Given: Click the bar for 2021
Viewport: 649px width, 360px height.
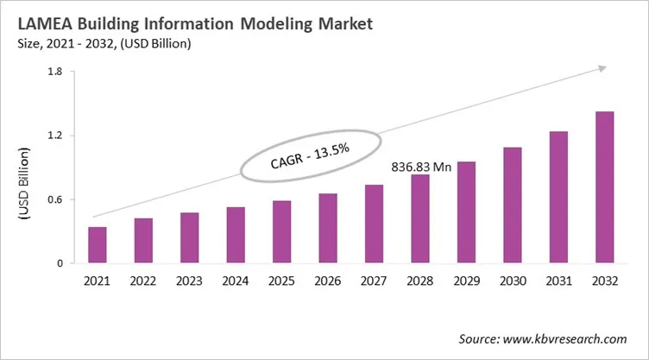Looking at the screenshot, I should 98,245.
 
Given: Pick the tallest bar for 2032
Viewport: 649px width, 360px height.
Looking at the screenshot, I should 604,187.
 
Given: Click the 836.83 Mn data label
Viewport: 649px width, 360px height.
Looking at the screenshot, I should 422,167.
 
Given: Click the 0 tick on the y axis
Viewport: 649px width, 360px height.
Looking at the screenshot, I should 59,263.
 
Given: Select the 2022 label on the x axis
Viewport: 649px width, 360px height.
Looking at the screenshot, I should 143,281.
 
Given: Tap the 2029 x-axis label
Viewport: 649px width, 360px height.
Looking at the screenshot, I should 466,281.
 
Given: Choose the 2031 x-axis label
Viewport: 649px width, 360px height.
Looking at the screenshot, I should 558,281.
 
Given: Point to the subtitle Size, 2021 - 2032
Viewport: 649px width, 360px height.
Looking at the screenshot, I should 79,43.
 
